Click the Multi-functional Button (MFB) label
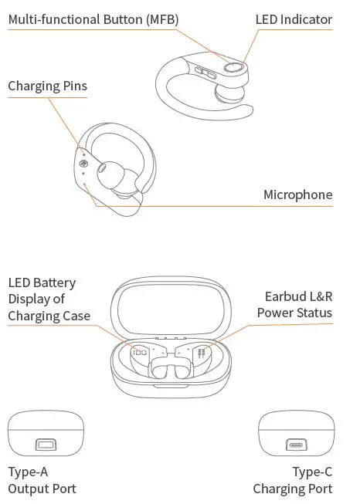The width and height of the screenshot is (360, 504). [x=87, y=19]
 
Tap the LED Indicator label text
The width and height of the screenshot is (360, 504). [x=294, y=19]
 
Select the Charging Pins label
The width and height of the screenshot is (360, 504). [x=47, y=86]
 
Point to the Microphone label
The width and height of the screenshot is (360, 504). [x=297, y=194]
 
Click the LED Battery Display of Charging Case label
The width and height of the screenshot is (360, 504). [x=49, y=299]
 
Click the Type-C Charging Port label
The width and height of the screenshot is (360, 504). [x=293, y=480]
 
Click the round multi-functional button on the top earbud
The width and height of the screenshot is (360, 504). [x=231, y=68]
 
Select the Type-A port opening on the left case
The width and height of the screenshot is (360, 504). [x=46, y=445]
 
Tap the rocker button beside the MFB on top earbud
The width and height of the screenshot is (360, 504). [x=206, y=73]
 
